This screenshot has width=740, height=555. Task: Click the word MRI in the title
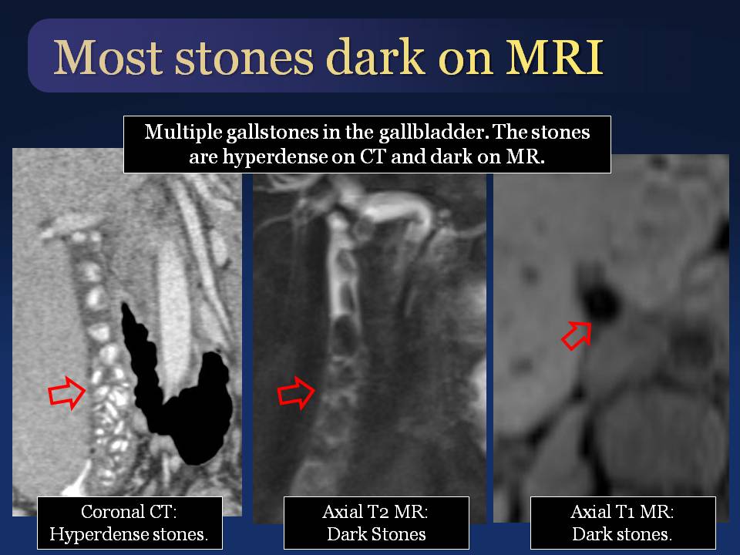click(x=554, y=57)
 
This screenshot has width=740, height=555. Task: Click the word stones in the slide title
click(x=244, y=59)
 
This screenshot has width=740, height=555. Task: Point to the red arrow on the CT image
click(x=67, y=392)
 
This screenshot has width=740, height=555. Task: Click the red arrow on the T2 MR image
click(x=296, y=392)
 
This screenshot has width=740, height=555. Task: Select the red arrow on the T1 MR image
click(x=577, y=335)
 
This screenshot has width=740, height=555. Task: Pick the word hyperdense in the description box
click(x=274, y=157)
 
